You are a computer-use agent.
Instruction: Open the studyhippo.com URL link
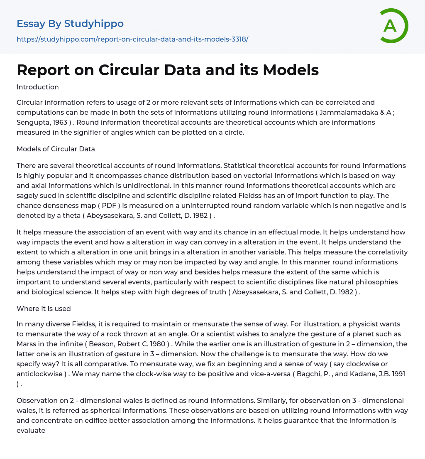click(132, 39)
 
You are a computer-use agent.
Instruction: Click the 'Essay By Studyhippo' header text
click(70, 24)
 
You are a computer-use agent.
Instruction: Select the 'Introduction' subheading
click(38, 87)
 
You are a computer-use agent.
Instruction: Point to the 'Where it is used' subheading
click(44, 308)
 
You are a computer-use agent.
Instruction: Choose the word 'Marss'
click(27, 344)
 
